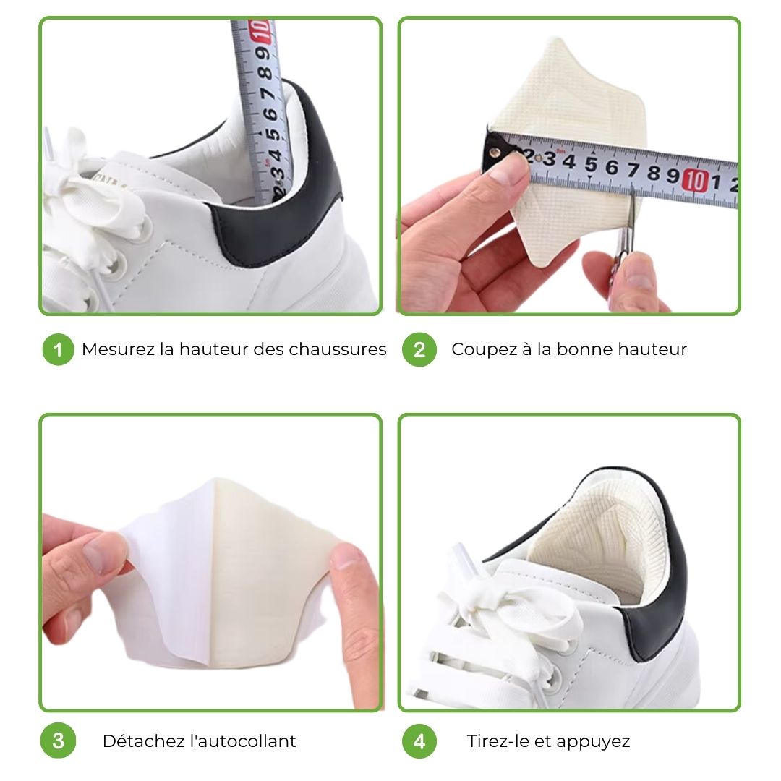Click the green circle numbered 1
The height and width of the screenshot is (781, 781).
(59, 350)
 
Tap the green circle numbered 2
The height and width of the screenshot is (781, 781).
(419, 350)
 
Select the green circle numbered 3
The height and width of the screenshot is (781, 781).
(59, 741)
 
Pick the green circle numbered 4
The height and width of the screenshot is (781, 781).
(419, 741)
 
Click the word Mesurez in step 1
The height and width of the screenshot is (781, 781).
(118, 349)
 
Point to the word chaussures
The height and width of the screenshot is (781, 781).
(338, 349)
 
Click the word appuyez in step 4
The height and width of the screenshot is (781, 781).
(593, 742)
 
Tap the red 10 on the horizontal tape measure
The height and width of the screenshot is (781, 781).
(696, 180)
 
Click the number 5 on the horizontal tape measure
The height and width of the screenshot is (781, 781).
(592, 164)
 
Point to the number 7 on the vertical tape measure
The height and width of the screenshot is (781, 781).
(268, 94)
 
